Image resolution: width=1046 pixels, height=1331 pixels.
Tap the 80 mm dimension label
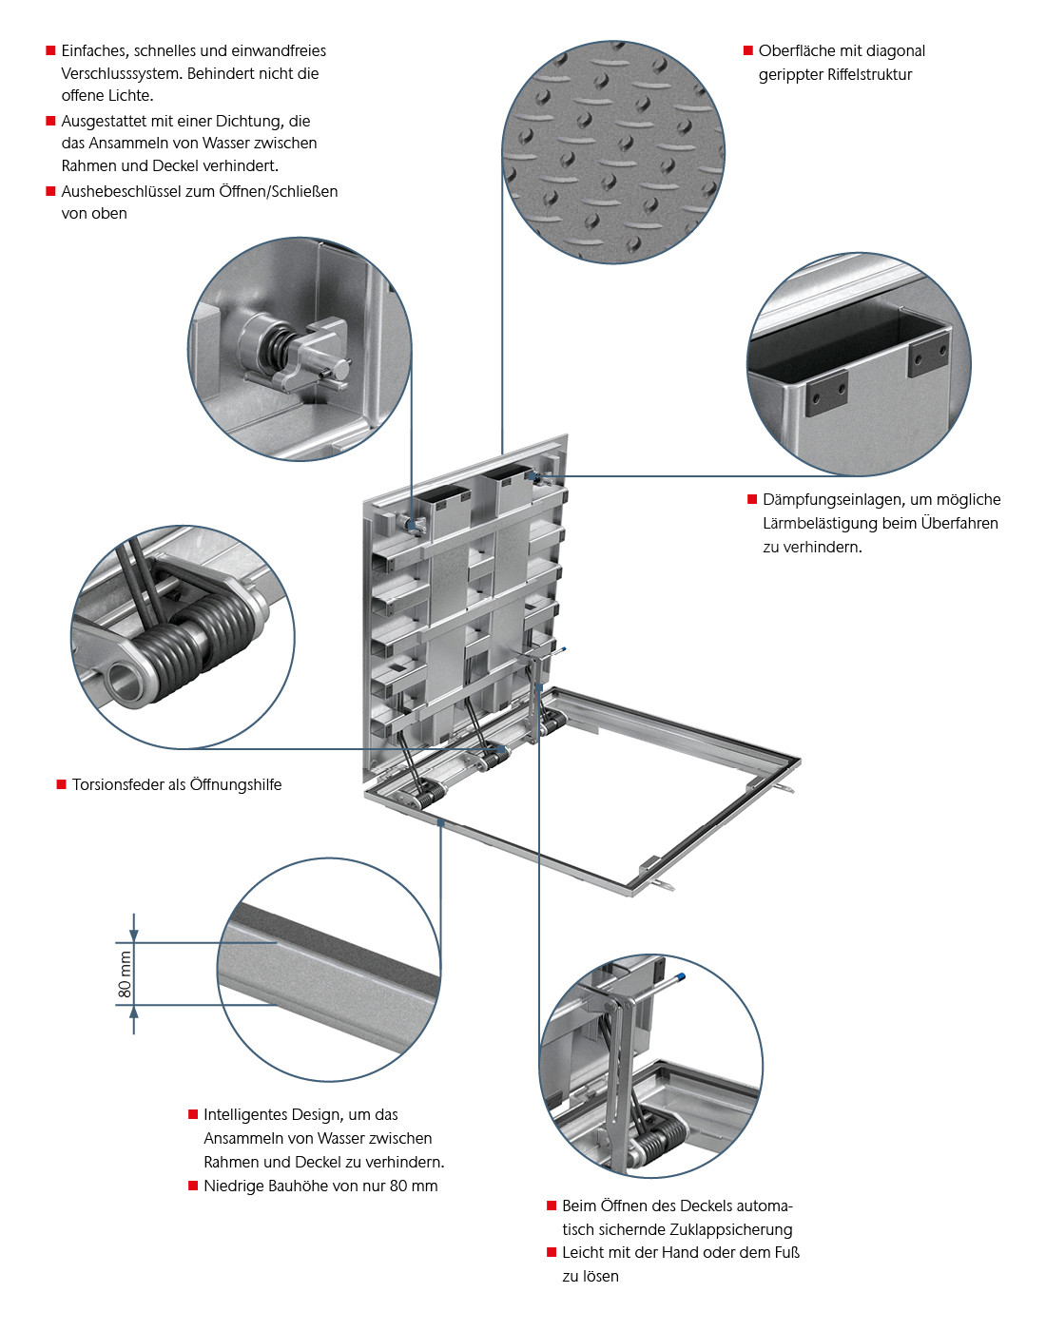pos(126,974)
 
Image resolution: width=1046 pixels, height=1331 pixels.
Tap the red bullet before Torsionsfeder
pos(61,784)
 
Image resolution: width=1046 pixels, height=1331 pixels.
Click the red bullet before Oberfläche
pos(748,50)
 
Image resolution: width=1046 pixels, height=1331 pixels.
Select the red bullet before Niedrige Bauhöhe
pos(193,1186)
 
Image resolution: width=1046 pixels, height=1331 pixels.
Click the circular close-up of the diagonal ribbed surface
pos(613,152)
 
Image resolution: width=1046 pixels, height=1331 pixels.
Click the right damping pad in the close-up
pos(927,354)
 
